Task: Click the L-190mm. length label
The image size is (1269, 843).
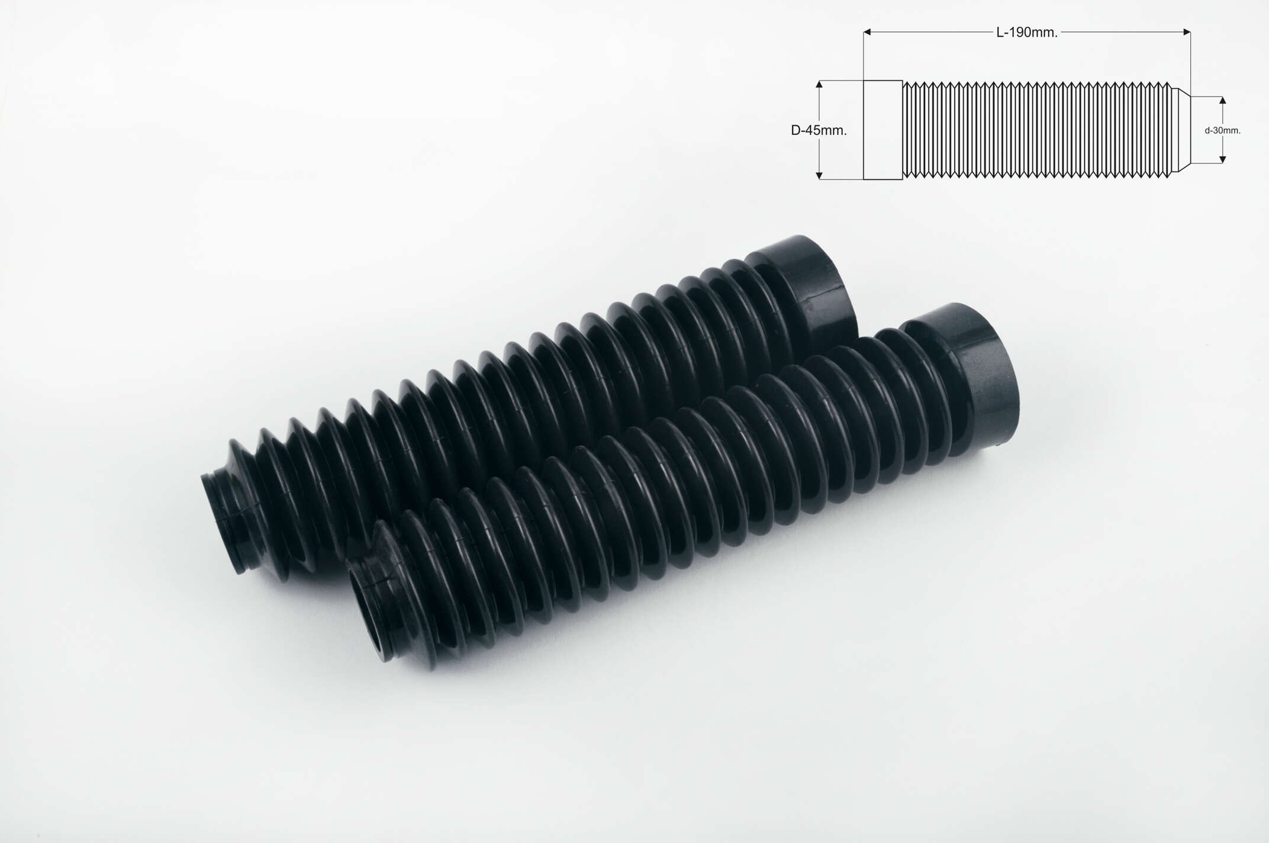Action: click(x=1027, y=33)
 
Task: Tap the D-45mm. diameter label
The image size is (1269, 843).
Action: click(x=819, y=131)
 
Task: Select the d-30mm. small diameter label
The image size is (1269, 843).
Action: click(x=1222, y=130)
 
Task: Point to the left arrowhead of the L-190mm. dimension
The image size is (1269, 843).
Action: click(x=868, y=32)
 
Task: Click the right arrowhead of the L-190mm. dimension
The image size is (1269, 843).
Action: click(x=1186, y=32)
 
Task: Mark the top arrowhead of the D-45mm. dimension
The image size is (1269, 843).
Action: click(x=819, y=85)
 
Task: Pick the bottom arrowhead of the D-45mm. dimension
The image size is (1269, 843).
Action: click(x=819, y=175)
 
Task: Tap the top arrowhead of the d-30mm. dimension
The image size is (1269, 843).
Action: click(x=1222, y=101)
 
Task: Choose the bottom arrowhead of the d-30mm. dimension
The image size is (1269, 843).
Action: click(x=1222, y=159)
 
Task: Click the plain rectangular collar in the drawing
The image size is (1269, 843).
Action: click(x=882, y=130)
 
